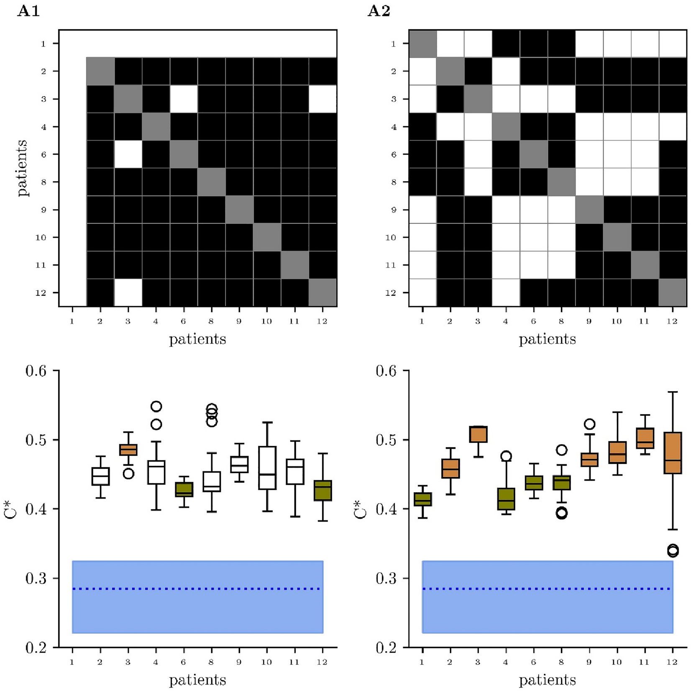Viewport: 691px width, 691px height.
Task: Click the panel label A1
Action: click(x=28, y=11)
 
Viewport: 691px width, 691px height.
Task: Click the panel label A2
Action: click(x=379, y=11)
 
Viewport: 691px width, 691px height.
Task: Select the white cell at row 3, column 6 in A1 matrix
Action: click(x=184, y=99)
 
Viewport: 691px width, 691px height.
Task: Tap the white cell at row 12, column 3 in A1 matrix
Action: click(x=128, y=292)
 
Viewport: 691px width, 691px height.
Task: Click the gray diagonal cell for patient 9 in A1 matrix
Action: click(x=239, y=210)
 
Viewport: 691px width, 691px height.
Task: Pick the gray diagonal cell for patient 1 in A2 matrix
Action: click(x=422, y=44)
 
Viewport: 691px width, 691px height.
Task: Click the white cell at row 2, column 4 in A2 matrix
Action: click(x=506, y=71)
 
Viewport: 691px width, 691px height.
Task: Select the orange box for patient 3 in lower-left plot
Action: click(x=128, y=450)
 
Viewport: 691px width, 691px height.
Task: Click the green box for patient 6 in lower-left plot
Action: click(x=184, y=489)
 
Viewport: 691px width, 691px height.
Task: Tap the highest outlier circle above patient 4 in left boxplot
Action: click(x=156, y=406)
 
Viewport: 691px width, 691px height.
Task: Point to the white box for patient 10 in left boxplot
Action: click(x=267, y=468)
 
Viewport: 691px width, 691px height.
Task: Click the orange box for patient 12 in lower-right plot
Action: click(x=673, y=453)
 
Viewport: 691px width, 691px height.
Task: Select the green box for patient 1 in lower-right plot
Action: click(x=422, y=499)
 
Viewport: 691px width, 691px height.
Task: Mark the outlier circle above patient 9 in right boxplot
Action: click(x=589, y=424)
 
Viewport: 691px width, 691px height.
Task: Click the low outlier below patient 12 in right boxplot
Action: click(x=673, y=550)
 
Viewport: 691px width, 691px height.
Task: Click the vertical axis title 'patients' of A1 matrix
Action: click(x=23, y=168)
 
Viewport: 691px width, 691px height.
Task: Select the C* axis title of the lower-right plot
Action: click(x=360, y=509)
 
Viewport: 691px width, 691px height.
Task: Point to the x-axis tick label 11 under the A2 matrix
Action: click(x=644, y=321)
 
